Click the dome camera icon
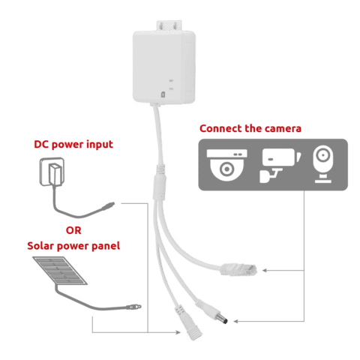pyautogui.click(x=226, y=165)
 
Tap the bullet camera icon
pyautogui.click(x=280, y=165)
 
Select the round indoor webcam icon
pyautogui.click(x=323, y=164)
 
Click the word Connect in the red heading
pyautogui.click(x=220, y=128)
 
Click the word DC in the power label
pyautogui.click(x=41, y=144)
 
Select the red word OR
pyautogui.click(x=73, y=230)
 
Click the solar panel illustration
pyautogui.click(x=60, y=271)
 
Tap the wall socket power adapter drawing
pyautogui.click(x=52, y=172)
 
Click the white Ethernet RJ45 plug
pyautogui.click(x=238, y=269)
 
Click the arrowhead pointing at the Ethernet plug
pyautogui.click(x=265, y=270)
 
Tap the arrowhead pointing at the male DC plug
pyautogui.click(x=236, y=321)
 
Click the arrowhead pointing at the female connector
pyautogui.click(x=178, y=332)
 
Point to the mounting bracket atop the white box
pyautogui.click(x=169, y=26)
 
